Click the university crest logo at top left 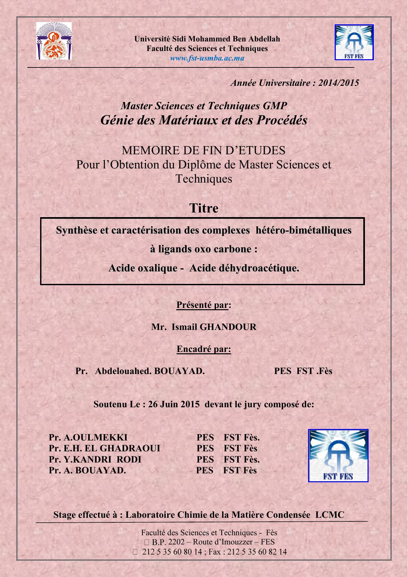click(54, 41)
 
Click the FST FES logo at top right click(354, 42)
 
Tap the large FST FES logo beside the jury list click(338, 456)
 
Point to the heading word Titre click(204, 208)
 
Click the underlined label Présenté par click(202, 305)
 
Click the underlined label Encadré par click(204, 349)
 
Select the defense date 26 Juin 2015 click(174, 404)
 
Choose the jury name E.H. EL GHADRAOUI click(112, 448)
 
